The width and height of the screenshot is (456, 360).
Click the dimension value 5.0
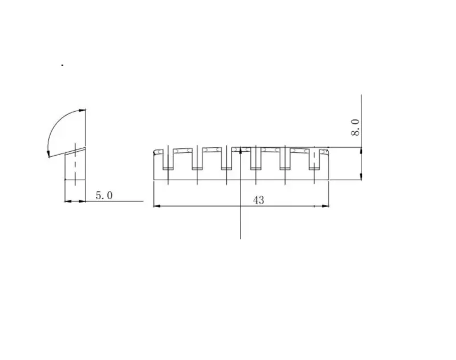[x=104, y=195]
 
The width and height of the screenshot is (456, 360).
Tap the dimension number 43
[x=259, y=200]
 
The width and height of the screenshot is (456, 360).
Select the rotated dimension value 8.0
[x=355, y=127]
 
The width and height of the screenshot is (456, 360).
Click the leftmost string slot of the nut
[x=168, y=159]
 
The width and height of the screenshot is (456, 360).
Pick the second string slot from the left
[x=197, y=159]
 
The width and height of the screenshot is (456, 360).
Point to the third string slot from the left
[x=226, y=159]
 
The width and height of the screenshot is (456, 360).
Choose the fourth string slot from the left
[x=255, y=159]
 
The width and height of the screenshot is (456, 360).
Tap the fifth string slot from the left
[x=285, y=159]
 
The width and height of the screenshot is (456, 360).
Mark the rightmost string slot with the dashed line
[x=314, y=159]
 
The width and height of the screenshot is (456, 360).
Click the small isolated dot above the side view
[x=62, y=65]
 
